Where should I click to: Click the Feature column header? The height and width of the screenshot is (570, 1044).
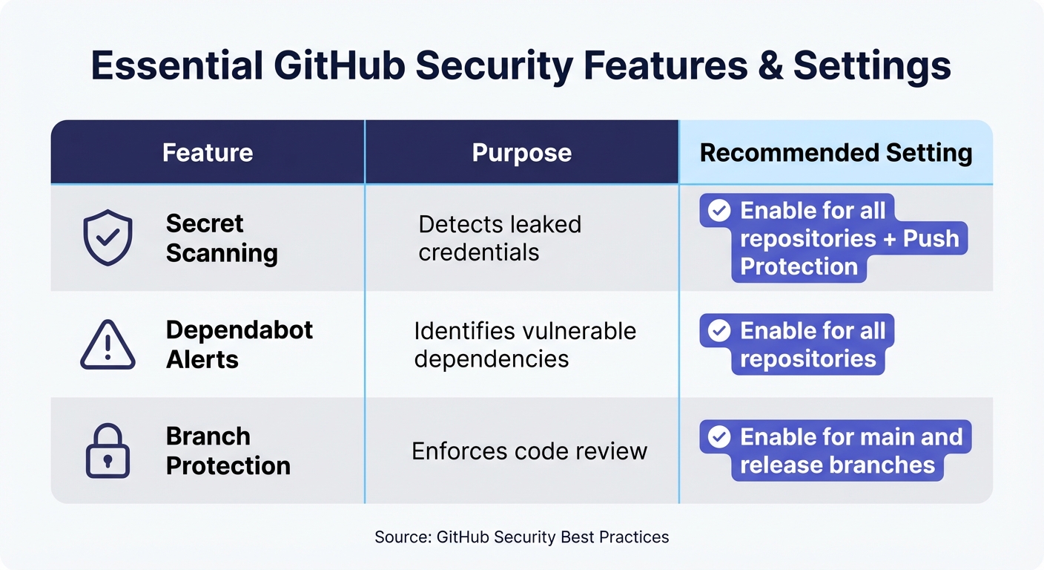[x=208, y=153]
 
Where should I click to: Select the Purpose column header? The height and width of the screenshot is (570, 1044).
[x=521, y=153]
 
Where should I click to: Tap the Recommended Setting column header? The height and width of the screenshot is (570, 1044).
[x=836, y=153]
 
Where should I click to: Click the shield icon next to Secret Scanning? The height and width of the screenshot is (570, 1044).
[x=108, y=237]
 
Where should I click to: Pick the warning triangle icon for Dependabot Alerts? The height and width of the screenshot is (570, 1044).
[x=108, y=345]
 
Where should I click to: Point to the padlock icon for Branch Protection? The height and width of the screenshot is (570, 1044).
[x=108, y=451]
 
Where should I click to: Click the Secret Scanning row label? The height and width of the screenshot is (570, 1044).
[x=221, y=237]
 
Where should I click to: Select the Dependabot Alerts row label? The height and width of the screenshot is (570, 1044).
[x=239, y=344]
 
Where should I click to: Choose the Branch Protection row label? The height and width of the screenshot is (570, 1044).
[x=228, y=451]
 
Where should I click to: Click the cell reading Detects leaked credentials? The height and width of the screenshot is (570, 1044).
[x=499, y=237]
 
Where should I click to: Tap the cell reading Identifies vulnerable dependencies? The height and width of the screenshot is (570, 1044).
[x=524, y=344]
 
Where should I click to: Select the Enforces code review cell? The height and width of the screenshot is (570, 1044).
[x=529, y=451]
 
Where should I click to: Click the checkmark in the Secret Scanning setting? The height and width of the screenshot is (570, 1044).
[x=718, y=211]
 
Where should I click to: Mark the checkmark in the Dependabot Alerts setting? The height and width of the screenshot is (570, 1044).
[x=718, y=330]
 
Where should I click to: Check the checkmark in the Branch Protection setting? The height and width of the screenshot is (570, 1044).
[x=718, y=436]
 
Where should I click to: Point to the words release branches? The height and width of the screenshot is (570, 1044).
[x=837, y=465]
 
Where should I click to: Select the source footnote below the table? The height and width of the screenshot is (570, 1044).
[x=521, y=537]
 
